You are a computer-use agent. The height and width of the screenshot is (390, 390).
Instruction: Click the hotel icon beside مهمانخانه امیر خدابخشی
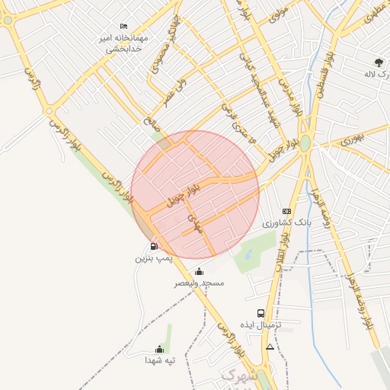(x=124, y=27)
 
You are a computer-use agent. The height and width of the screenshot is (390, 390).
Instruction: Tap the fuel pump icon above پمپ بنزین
(x=155, y=246)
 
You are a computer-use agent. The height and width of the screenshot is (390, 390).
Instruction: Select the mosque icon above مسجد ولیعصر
(x=199, y=271)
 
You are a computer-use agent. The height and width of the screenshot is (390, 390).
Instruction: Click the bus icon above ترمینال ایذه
(x=261, y=313)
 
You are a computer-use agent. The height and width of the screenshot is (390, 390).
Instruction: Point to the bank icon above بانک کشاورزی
(x=286, y=211)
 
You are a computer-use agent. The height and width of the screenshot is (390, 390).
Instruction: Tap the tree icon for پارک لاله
(x=379, y=62)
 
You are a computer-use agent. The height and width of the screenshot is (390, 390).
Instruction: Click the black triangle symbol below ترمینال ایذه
(x=269, y=347)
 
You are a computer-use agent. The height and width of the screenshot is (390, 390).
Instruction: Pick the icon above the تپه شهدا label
(x=160, y=349)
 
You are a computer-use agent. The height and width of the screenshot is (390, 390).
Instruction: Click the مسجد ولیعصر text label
(x=199, y=283)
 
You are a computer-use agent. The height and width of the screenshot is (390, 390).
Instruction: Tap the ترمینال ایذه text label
(x=261, y=325)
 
